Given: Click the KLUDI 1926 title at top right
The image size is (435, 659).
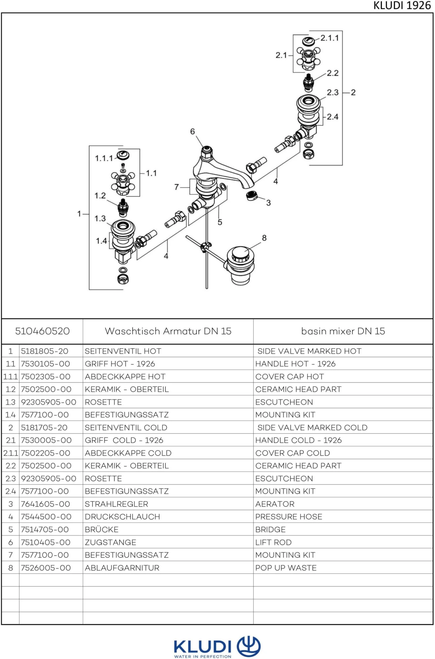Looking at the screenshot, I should point(402,6).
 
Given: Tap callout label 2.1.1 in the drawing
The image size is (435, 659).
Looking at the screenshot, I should point(329,38).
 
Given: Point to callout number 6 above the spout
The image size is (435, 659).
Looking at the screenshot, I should point(192,132).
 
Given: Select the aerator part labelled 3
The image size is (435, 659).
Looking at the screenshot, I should point(251,196).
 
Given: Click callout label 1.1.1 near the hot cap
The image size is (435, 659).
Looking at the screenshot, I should point(104,158).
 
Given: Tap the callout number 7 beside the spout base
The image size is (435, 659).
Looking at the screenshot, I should point(176,187).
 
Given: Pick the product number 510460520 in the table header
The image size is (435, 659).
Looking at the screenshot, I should point(42,331).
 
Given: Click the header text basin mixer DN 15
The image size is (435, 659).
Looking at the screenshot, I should point(343,331).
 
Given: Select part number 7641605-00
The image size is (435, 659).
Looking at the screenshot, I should point(46,504).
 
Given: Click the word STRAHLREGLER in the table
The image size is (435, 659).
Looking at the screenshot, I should point(116,504).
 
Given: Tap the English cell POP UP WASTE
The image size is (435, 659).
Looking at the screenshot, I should point(286,568).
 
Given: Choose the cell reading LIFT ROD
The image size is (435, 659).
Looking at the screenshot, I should point(273,542).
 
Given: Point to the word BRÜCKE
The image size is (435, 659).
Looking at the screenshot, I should point(101,529).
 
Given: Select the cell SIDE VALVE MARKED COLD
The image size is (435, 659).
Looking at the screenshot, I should point(312,427).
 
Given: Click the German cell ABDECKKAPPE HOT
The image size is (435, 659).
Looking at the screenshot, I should point(125,376).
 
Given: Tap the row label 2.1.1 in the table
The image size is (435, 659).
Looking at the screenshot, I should point(10,453).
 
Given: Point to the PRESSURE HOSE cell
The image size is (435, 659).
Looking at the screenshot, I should point(289,517).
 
